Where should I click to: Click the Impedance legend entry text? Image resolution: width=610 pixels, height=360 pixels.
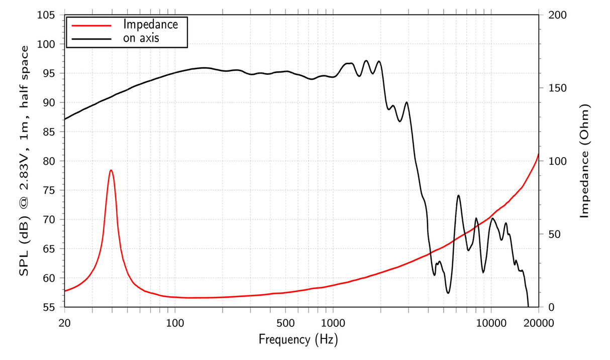click(x=150, y=24)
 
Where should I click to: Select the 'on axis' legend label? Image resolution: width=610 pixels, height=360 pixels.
click(x=141, y=38)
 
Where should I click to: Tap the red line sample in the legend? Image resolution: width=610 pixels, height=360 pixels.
click(x=90, y=24)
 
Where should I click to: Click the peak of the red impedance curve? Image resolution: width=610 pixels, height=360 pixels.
click(x=111, y=170)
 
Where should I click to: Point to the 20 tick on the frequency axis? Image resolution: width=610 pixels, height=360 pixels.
click(x=64, y=322)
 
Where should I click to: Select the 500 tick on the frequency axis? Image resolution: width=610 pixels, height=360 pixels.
click(x=285, y=322)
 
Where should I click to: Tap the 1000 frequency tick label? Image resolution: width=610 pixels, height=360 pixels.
click(x=332, y=322)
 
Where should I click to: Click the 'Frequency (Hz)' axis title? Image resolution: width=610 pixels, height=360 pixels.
click(x=298, y=340)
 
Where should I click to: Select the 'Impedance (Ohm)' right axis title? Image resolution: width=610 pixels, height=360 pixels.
click(x=584, y=161)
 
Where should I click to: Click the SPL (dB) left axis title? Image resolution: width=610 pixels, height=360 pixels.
click(x=24, y=161)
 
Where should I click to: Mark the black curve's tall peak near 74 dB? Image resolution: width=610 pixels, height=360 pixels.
click(x=458, y=195)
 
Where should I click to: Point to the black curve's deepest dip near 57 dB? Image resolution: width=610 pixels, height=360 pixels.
click(x=448, y=293)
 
